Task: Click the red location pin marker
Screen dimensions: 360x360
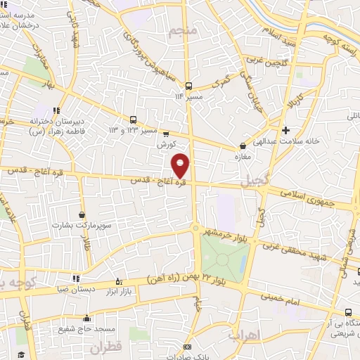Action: [181, 165]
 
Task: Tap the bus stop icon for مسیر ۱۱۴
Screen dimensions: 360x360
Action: [188, 86]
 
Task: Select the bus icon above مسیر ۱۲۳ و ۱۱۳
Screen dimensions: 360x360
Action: [134, 120]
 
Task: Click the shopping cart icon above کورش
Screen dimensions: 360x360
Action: [166, 133]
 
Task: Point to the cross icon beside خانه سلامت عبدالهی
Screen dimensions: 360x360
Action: [285, 130]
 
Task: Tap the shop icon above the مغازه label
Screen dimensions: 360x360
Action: [243, 146]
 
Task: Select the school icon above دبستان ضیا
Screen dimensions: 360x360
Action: [75, 278]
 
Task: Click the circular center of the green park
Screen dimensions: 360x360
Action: [222, 259]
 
